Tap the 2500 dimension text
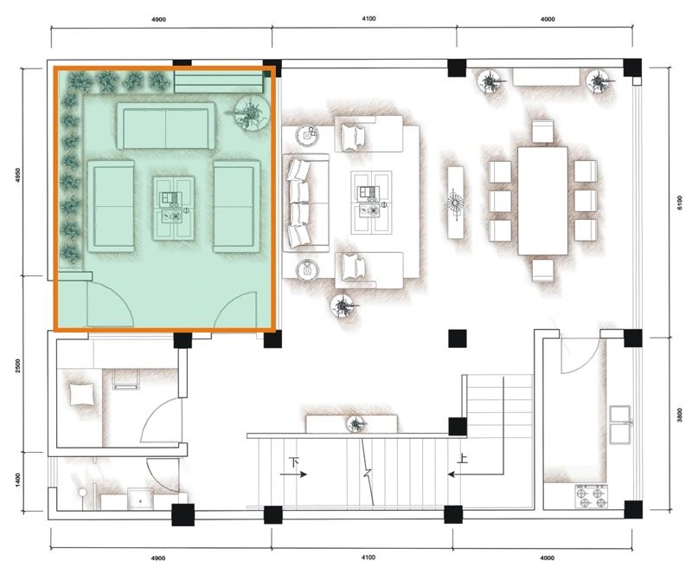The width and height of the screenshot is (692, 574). pyautogui.click(x=17, y=365)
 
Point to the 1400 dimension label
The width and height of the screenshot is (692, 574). pyautogui.click(x=17, y=480)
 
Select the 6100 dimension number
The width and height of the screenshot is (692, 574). pyautogui.click(x=680, y=203)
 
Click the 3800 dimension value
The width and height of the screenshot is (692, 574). pyautogui.click(x=680, y=415)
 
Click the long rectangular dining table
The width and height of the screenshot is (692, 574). pyautogui.click(x=542, y=201)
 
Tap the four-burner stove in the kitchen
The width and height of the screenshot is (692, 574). pyautogui.click(x=592, y=497)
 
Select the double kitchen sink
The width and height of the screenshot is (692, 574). pyautogui.click(x=620, y=424)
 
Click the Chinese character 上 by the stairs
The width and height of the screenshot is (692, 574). pyautogui.click(x=462, y=458)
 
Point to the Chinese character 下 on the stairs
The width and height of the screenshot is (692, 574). pyautogui.click(x=294, y=462)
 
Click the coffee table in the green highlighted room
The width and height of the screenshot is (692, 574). pyautogui.click(x=174, y=208)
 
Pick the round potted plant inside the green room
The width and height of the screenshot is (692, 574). pyautogui.click(x=251, y=113)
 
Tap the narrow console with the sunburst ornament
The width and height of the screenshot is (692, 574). pyautogui.click(x=456, y=203)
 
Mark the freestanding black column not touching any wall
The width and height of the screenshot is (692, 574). pyautogui.click(x=458, y=339)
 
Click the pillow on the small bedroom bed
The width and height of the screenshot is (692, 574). pyautogui.click(x=81, y=394)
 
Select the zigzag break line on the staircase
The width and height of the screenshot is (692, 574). pyautogui.click(x=368, y=471)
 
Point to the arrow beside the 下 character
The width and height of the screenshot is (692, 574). pyautogui.click(x=293, y=474)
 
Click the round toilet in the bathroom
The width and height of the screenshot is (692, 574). pyautogui.click(x=82, y=493)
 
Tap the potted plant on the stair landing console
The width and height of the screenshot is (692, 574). pyautogui.click(x=356, y=423)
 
